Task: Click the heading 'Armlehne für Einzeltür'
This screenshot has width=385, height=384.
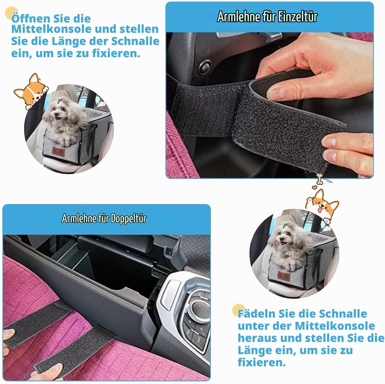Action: (267, 16)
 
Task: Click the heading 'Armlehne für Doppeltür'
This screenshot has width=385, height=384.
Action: (104, 218)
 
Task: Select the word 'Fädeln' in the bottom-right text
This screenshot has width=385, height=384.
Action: (256, 314)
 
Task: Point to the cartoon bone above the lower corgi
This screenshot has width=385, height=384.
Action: (319, 179)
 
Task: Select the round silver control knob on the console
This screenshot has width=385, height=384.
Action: (199, 309)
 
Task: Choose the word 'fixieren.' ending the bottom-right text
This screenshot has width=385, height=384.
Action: (262, 362)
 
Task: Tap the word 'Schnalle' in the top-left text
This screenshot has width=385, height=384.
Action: (135, 41)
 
